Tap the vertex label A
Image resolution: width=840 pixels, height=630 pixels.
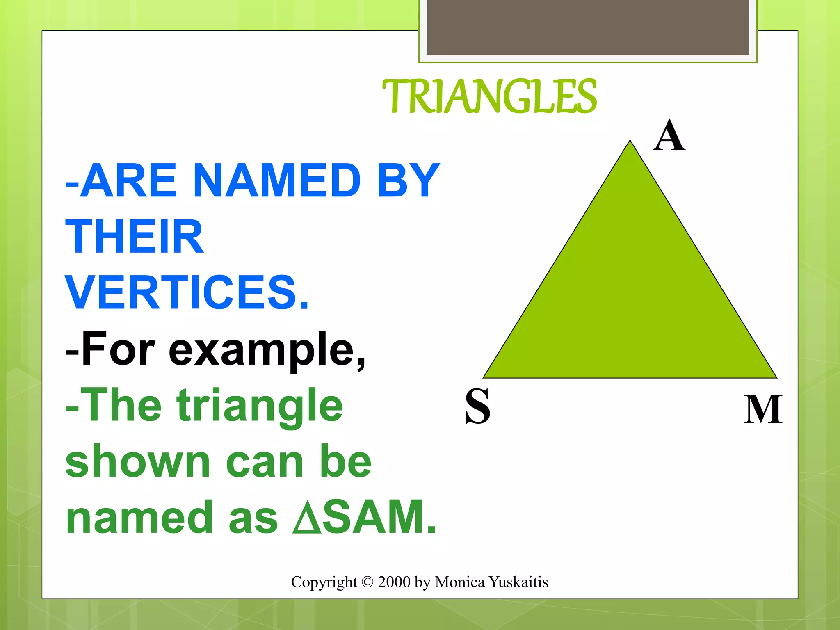[669, 136]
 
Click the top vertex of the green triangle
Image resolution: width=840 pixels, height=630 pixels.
[630, 142]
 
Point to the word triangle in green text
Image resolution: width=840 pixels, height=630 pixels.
[260, 406]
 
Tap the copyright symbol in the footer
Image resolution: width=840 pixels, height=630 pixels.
[367, 582]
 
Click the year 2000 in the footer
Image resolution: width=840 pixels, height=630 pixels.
[394, 582]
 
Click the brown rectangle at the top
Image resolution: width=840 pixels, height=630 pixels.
[588, 27]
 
